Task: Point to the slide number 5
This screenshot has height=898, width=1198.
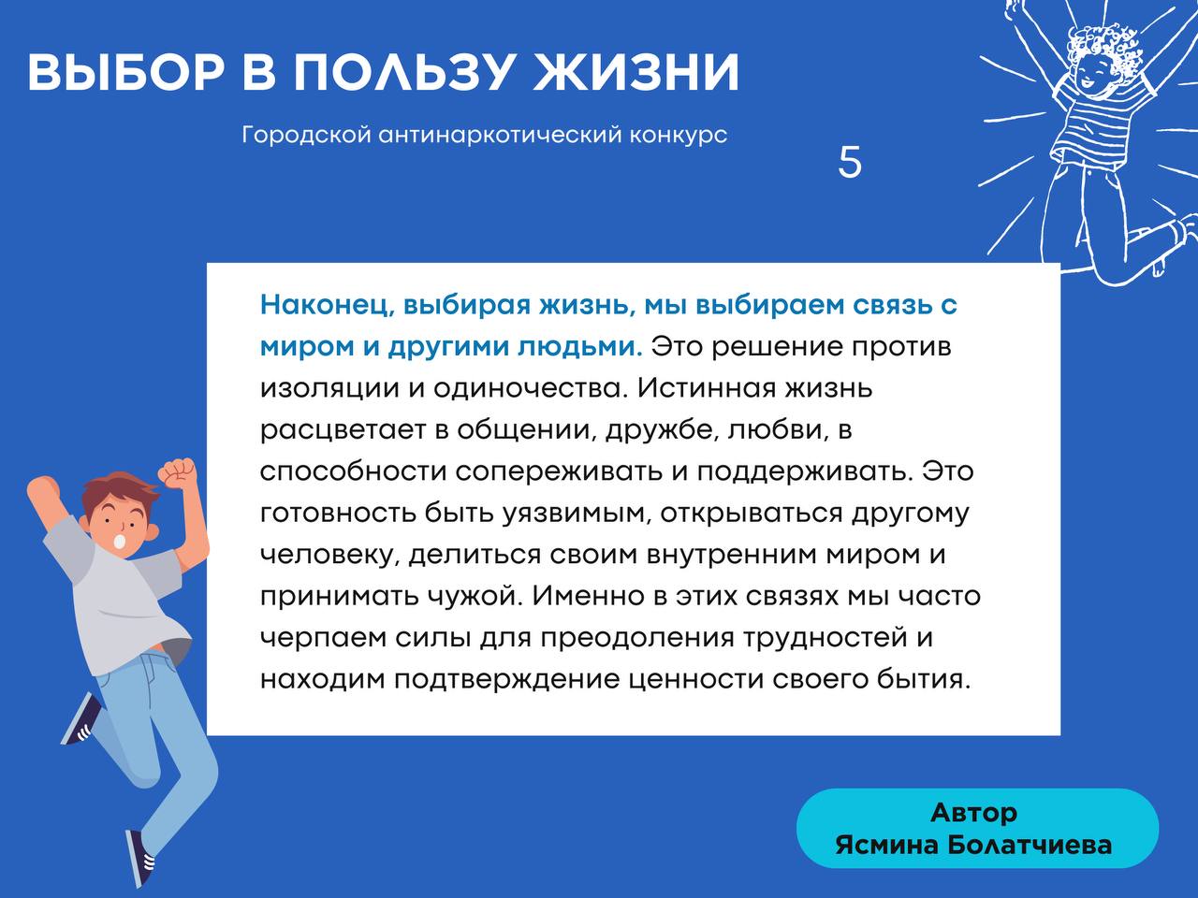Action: coord(849,162)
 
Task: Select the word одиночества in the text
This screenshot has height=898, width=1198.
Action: coord(528,389)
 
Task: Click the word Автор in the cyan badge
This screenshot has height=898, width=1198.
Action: coord(973,813)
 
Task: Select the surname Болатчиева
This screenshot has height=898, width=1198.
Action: coord(1030,846)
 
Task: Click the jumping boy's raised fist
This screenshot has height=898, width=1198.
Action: coord(177,472)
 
